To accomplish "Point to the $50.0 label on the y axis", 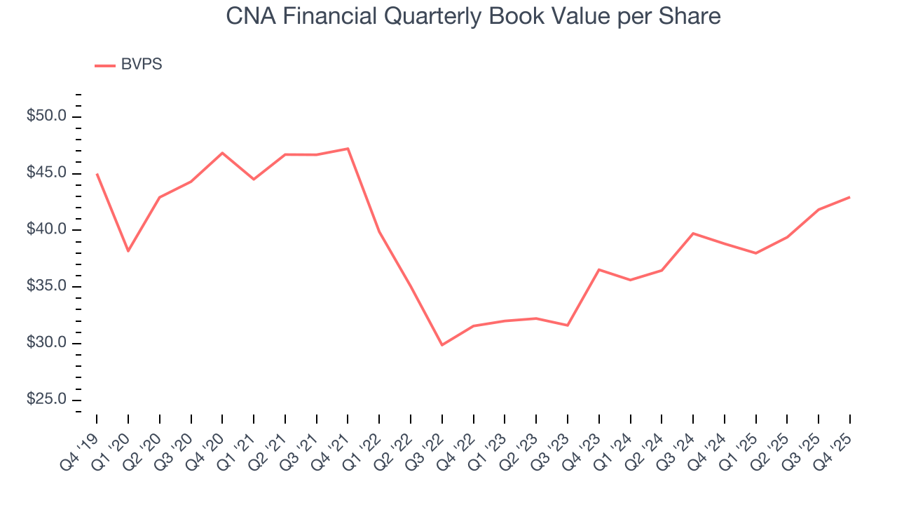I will [x=46, y=116].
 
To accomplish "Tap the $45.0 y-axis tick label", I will [x=46, y=173].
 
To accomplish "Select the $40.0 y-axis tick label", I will [x=46, y=230].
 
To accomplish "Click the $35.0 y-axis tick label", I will [x=46, y=287].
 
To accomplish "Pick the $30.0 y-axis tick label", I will [x=46, y=344].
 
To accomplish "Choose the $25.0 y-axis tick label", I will [x=46, y=400].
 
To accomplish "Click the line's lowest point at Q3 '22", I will [x=442, y=345].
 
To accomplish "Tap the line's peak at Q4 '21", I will [x=348, y=149].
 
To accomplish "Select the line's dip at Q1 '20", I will [x=128, y=251].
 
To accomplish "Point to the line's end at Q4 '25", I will [x=849, y=197].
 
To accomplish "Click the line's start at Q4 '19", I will [x=97, y=174].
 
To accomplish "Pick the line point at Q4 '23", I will [x=599, y=269].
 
